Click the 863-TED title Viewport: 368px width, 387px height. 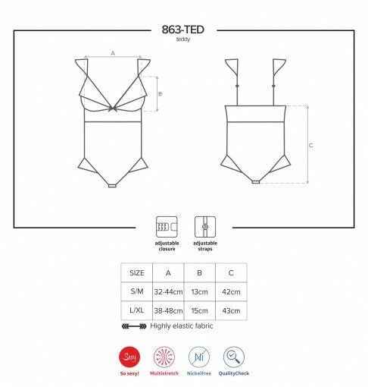pyautogui.click(x=182, y=30)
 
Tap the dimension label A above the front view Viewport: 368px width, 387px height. pyautogui.click(x=113, y=53)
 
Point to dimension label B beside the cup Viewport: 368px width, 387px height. pyautogui.click(x=161, y=94)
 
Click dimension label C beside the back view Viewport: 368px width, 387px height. pyautogui.click(x=311, y=145)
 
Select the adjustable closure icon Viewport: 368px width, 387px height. pyautogui.click(x=167, y=227)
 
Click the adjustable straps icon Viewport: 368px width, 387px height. pyautogui.click(x=205, y=227)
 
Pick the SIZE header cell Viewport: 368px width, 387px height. pyautogui.click(x=137, y=273)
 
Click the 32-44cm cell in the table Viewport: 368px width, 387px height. pyautogui.click(x=168, y=291)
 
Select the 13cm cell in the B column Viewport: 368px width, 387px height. pyautogui.click(x=199, y=291)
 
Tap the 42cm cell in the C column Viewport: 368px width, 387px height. pyautogui.click(x=231, y=291)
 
